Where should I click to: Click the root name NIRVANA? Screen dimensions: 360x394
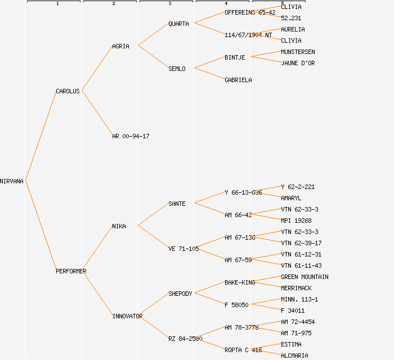[x=12, y=181]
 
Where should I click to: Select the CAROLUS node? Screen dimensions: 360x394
[x=68, y=91]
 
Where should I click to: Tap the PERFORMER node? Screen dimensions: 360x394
[x=71, y=271]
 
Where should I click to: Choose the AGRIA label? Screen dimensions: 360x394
[x=120, y=46]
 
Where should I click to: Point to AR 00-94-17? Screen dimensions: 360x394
[x=131, y=136]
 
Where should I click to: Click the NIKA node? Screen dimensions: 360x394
[x=119, y=226]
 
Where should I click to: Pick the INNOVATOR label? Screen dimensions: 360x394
[x=127, y=316]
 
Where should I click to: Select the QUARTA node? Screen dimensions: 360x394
[x=178, y=24]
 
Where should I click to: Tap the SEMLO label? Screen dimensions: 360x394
[x=177, y=69]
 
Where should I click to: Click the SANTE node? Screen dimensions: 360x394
[x=177, y=204]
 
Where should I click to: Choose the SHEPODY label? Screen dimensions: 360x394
[x=180, y=294]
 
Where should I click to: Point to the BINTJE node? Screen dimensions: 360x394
[x=235, y=57]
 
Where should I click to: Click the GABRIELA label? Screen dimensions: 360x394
[x=238, y=80]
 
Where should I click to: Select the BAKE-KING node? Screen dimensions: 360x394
[x=240, y=282]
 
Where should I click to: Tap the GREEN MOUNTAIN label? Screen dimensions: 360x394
[x=305, y=277]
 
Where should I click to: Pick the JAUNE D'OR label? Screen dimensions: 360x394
[x=298, y=63]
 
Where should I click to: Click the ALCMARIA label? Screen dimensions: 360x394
[x=294, y=355]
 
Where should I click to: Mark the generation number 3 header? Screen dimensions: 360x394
[x=169, y=4]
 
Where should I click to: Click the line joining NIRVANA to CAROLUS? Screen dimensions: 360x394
[x=40, y=136]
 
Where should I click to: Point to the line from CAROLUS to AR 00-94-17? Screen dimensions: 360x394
[x=97, y=113]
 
